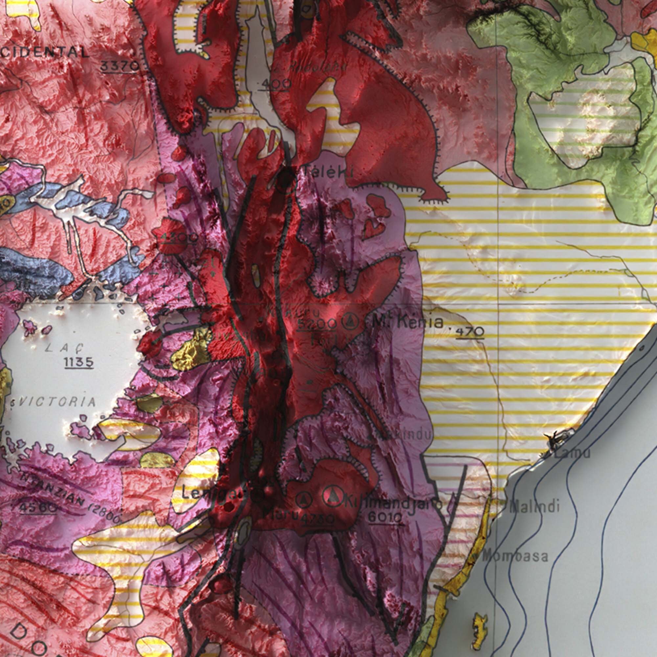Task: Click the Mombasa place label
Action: point(515,556)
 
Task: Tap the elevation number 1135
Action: point(79,363)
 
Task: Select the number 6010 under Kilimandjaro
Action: point(385,518)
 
